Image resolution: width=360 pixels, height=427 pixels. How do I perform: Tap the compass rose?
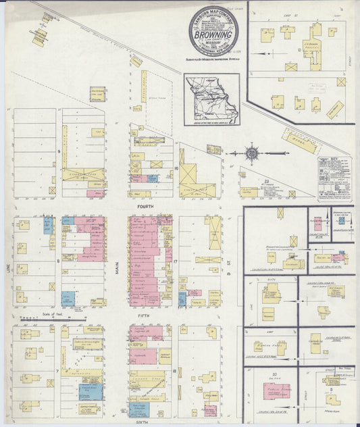point(252,153)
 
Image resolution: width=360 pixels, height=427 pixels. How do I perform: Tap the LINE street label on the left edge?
point(9,268)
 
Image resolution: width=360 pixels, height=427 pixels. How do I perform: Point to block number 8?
point(59,259)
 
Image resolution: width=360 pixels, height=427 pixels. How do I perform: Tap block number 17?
point(174,259)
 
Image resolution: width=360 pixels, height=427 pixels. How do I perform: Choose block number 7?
point(59,372)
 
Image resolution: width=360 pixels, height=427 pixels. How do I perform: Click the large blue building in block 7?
point(88,391)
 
